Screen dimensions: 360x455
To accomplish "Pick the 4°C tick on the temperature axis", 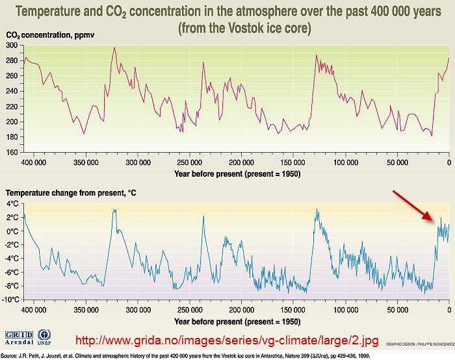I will click(x=12, y=203).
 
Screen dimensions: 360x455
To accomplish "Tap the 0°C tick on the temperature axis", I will click(x=12, y=231).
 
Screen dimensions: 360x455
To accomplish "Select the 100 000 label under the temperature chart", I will click(x=345, y=310).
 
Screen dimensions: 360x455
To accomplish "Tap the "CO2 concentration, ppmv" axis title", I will click(x=50, y=34).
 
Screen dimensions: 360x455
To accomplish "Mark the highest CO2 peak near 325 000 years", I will click(x=114, y=47).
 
